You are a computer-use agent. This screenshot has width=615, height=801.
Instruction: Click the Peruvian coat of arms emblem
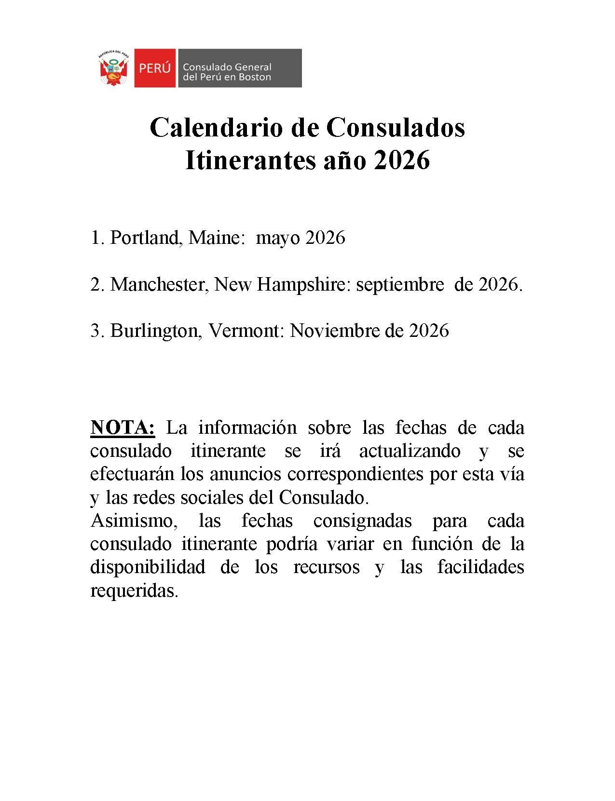pos(114,68)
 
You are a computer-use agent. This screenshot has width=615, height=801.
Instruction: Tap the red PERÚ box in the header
pos(155,68)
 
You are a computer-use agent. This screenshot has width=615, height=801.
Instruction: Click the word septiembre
pos(400,285)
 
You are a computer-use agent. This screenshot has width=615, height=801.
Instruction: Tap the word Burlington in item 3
pos(156,331)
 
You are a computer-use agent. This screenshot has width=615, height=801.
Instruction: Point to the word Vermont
pos(246,331)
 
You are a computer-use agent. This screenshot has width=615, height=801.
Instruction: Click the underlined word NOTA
pos(123,427)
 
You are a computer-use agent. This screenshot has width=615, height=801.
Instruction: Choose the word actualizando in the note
pos(410,451)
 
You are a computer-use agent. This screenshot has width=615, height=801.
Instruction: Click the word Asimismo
pos(131,521)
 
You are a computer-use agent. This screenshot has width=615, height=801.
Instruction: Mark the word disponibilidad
pos(148,567)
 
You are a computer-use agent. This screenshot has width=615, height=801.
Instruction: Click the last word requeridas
pos(134,590)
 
